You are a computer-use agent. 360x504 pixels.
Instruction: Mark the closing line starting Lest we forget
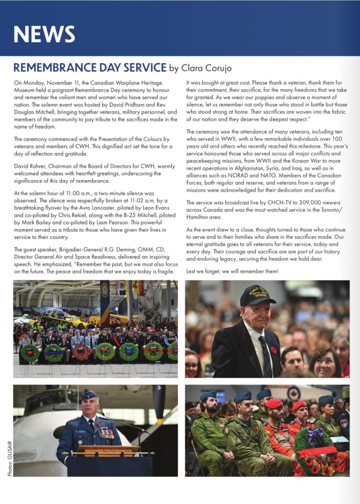point(233,271)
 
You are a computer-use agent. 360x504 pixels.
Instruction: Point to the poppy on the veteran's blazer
point(274,350)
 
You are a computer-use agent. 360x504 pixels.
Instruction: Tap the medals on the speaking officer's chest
point(106,434)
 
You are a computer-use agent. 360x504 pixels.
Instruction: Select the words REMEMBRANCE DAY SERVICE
point(90,67)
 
